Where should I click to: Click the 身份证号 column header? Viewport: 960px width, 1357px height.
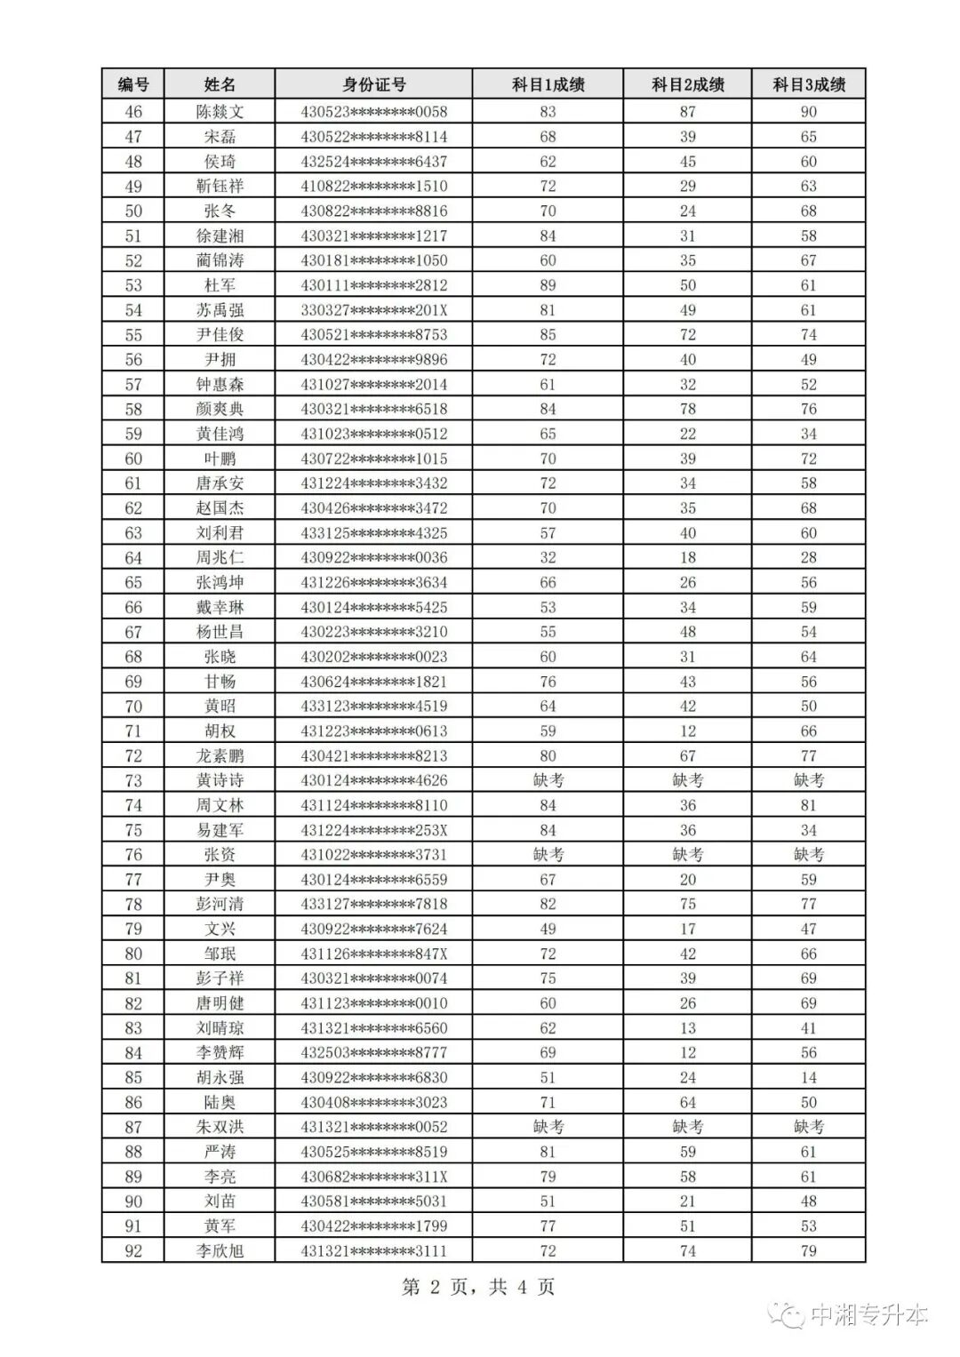click(x=373, y=84)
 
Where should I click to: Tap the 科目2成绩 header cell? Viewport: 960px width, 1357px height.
click(x=687, y=84)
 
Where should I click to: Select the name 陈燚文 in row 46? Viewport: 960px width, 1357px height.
click(x=220, y=112)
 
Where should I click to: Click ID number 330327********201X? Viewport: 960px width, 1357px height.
click(x=373, y=310)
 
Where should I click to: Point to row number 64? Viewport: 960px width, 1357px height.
click(x=133, y=558)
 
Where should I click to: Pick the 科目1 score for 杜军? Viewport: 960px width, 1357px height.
click(x=548, y=285)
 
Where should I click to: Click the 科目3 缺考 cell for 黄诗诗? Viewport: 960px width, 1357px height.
click(x=808, y=780)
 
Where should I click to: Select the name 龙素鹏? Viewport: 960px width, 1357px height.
click(x=220, y=756)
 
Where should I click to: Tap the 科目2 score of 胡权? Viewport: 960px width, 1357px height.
click(x=687, y=731)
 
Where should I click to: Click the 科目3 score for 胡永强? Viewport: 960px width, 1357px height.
click(x=808, y=1078)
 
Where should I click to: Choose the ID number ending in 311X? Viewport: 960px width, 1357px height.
click(x=373, y=1177)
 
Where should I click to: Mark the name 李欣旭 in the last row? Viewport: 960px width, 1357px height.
click(x=220, y=1251)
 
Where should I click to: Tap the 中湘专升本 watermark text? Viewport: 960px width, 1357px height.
click(x=869, y=1316)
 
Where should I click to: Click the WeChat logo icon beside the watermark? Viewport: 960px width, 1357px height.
click(x=788, y=1316)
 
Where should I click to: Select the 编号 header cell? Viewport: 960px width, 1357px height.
click(x=133, y=84)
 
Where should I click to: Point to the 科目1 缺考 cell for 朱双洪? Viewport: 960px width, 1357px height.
click(x=548, y=1127)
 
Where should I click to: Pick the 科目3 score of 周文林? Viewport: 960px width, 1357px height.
click(x=808, y=805)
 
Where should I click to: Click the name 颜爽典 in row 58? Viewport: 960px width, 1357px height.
click(x=220, y=410)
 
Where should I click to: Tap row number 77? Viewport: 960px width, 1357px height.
click(x=133, y=880)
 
